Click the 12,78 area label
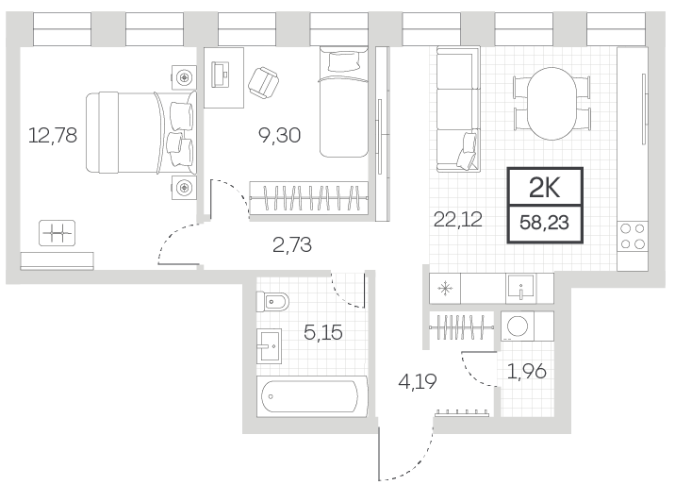click(x=53, y=135)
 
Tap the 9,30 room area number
click(x=279, y=135)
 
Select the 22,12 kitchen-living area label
click(x=457, y=220)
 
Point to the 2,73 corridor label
click(x=292, y=244)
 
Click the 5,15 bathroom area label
click(x=323, y=332)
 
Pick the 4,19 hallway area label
click(x=418, y=381)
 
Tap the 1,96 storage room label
click(x=527, y=371)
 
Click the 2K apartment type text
click(x=545, y=188)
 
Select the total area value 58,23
click(x=545, y=223)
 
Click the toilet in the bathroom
click(x=272, y=302)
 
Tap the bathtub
click(x=312, y=396)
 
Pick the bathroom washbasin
click(x=269, y=346)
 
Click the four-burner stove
click(x=633, y=237)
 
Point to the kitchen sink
click(x=521, y=288)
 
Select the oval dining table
click(x=552, y=104)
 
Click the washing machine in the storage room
click(x=518, y=326)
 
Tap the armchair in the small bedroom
click(x=263, y=83)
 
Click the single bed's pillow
click(x=343, y=60)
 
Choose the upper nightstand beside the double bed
click(x=184, y=78)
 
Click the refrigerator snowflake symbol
click(x=445, y=288)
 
